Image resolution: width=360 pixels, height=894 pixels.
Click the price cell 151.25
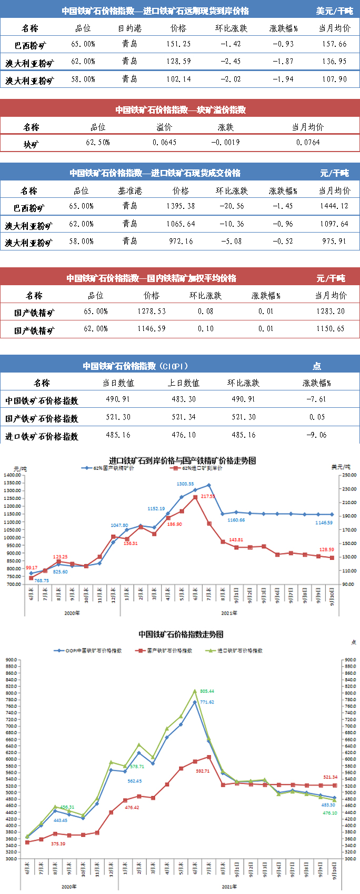coord(178,44)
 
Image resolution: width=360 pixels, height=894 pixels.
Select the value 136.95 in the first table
coord(334,62)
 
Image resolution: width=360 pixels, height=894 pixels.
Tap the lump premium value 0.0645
coord(164,143)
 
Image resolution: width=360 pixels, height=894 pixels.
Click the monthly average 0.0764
coord(307,143)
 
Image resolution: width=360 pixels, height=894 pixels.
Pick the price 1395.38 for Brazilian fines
coord(181,206)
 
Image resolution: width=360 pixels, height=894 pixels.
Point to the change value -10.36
coord(232,224)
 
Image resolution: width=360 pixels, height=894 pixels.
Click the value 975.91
coord(334,242)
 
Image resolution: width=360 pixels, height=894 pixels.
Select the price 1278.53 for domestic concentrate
coord(152,312)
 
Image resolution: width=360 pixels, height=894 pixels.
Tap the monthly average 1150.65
coord(331,329)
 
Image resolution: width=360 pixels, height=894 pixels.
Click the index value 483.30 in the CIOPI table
coord(183,399)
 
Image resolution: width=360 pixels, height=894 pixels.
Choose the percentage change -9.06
coord(316,435)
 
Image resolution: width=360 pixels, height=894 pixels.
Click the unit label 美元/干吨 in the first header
coord(334,11)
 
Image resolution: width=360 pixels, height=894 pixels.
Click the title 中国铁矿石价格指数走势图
coord(181,634)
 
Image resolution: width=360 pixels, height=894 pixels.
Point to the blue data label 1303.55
coord(185,484)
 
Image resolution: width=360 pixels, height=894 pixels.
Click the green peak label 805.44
coord(207,691)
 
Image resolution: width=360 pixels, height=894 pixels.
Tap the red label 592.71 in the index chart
coord(203,771)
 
